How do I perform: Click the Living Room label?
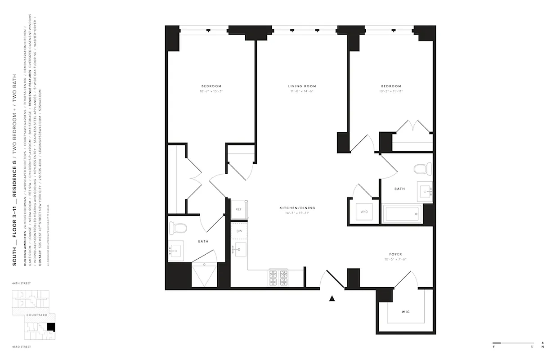point(302,86)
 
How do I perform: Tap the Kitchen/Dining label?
point(297,208)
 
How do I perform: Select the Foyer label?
point(396,254)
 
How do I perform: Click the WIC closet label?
point(405,312)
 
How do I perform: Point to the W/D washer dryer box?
point(363,211)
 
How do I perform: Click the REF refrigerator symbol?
point(239,210)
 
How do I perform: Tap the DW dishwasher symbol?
point(239,231)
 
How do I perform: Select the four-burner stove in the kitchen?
point(278,278)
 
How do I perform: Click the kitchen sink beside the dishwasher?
point(240,249)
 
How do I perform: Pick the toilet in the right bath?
point(421,170)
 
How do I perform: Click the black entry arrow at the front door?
point(332,297)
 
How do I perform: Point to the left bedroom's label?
point(211,86)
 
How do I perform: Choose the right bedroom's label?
point(391,86)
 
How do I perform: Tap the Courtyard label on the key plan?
point(36,315)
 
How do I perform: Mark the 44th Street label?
point(22,284)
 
